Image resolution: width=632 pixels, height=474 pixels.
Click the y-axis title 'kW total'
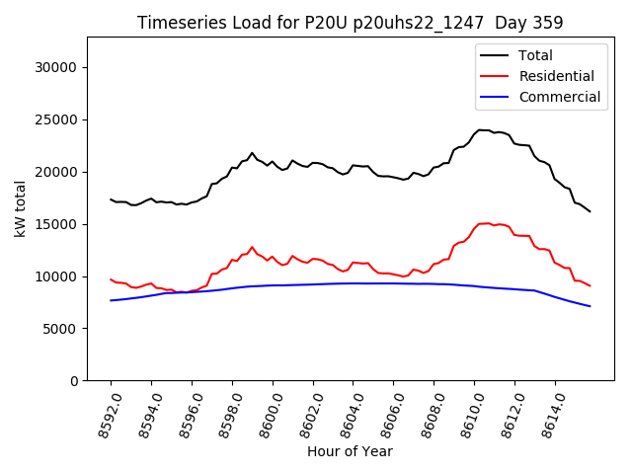(x=21, y=208)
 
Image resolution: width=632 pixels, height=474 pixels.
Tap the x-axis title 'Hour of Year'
(x=350, y=451)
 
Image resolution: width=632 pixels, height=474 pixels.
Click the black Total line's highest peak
(x=481, y=129)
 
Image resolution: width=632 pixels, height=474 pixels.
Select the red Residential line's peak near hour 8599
(x=252, y=247)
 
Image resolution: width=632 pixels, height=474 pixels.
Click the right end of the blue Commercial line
(x=590, y=306)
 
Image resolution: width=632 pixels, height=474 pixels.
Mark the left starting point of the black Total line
(x=111, y=199)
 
